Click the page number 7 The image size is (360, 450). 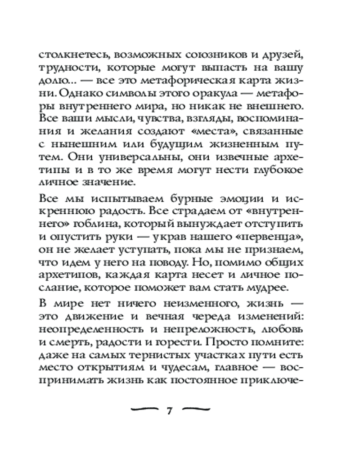[169, 410]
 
